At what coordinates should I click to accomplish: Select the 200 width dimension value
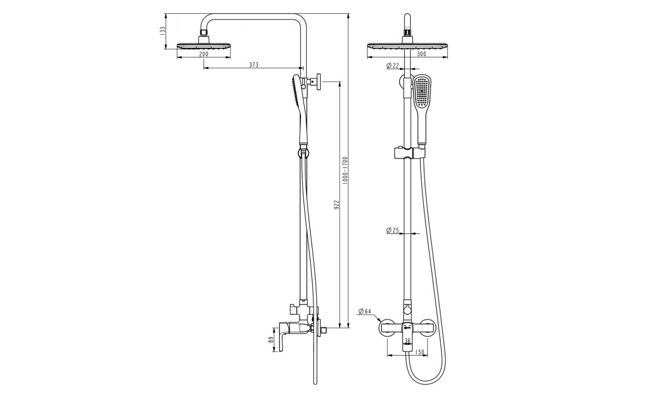[203, 54]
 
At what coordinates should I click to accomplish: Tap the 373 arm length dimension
[253, 65]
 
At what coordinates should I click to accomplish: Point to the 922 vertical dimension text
[336, 205]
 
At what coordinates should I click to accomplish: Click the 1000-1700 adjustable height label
[345, 170]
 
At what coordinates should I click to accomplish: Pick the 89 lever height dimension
[271, 340]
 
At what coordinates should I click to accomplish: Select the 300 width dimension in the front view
[422, 54]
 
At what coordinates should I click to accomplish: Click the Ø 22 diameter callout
[393, 66]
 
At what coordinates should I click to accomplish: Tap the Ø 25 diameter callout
[393, 230]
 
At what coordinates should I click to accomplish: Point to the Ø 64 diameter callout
[365, 311]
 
